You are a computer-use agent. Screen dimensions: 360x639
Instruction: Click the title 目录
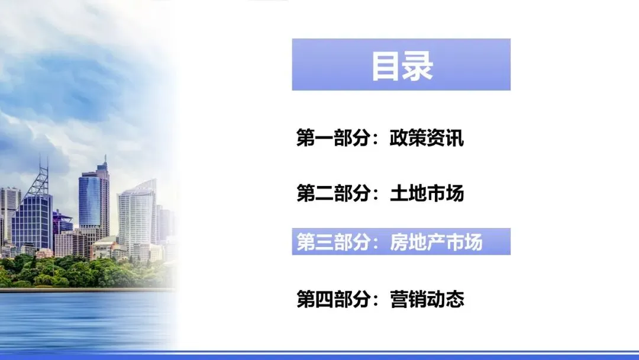(402, 65)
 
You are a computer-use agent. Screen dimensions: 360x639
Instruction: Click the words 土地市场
(427, 193)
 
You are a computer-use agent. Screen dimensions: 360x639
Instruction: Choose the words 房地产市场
(436, 242)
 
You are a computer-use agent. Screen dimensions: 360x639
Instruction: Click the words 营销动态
(427, 298)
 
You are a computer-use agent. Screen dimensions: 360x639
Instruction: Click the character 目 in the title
(386, 65)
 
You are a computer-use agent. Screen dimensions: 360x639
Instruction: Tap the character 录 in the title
(418, 65)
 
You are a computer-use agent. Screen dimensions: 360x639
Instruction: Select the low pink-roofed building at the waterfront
(44, 253)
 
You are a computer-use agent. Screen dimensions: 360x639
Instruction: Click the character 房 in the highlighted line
(399, 242)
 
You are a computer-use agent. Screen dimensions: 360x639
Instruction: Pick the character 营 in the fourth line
(399, 298)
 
